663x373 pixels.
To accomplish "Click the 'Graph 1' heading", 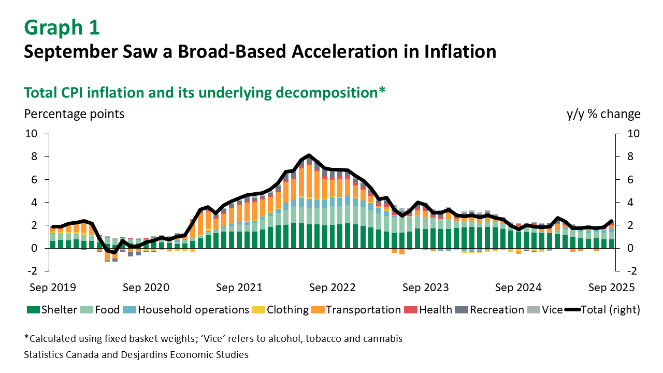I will coord(62,27).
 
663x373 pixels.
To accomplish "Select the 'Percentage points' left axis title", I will coord(74,113).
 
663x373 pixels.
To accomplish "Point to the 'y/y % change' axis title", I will coord(603,113).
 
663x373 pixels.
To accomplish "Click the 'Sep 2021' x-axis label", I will coord(238,287).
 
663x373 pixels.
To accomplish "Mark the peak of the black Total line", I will coord(309,155).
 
